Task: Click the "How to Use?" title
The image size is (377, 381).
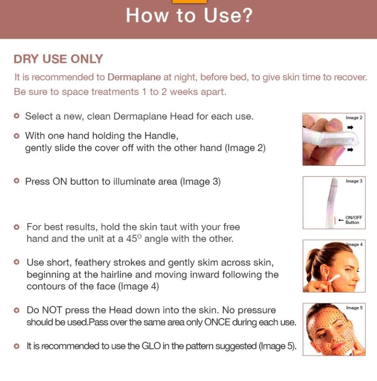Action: (189, 16)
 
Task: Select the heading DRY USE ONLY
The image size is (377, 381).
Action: (58, 59)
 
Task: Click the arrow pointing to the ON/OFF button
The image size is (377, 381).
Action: (340, 220)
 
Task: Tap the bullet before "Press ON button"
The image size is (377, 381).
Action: (17, 181)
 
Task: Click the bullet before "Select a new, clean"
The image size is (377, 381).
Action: (17, 116)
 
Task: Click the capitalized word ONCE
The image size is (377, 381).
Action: (218, 322)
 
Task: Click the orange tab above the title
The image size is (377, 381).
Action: (189, 1)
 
